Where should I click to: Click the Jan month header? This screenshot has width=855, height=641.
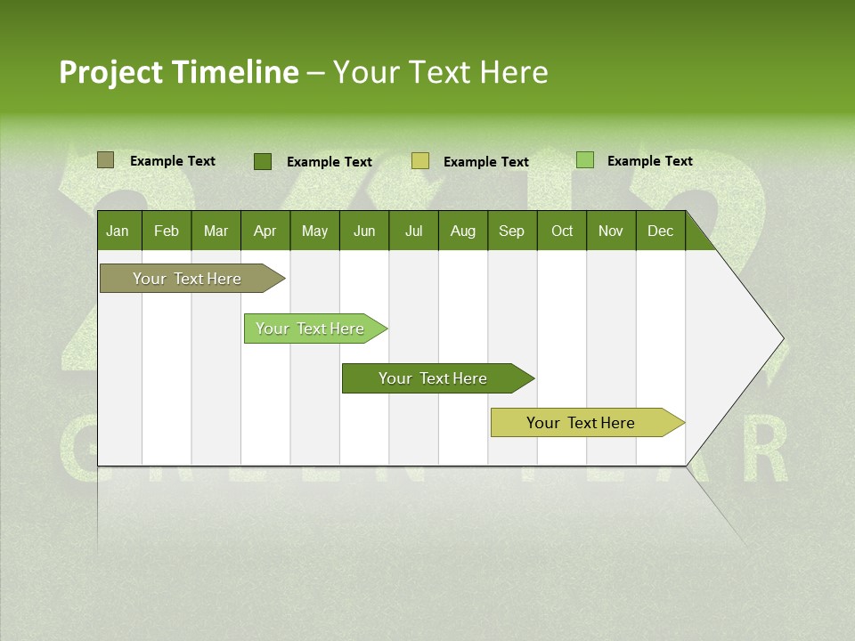pos(118,231)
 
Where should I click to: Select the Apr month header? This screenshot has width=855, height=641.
pos(265,231)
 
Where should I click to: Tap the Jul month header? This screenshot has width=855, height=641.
pos(413,231)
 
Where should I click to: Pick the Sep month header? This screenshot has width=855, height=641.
pos(511,231)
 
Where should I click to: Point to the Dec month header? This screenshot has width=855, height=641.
pos(660,231)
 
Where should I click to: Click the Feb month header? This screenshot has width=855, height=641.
pos(167,231)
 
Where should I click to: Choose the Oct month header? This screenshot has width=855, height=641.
pos(562,231)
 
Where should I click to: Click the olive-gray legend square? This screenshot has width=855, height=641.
pos(105,160)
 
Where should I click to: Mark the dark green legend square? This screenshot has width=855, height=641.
pos(263,161)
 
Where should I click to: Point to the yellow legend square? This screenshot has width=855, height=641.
pos(420,161)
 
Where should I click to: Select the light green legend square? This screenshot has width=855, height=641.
pos(585,160)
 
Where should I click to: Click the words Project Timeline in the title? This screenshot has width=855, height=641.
pos(178,72)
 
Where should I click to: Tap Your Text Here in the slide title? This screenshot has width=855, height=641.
pos(440,72)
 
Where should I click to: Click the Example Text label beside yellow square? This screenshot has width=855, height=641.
pos(485,162)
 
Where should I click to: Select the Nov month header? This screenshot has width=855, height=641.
pos(611,231)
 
